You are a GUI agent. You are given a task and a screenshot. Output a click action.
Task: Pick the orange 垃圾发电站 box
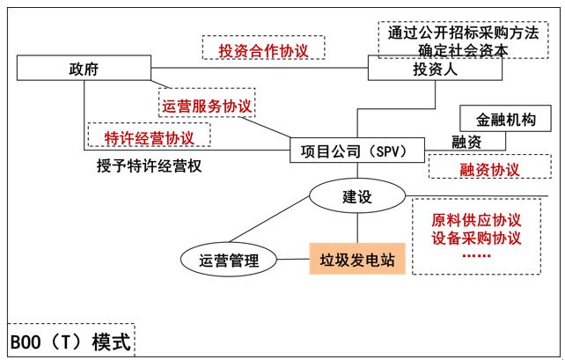(x=356, y=260)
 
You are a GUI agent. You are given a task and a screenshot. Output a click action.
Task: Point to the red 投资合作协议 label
(x=262, y=49)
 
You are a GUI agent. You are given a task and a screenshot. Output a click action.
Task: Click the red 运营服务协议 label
(x=207, y=105)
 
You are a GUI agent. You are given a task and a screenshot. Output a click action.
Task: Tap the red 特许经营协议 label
(x=149, y=137)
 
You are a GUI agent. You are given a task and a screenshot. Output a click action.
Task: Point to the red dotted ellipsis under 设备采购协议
(x=477, y=256)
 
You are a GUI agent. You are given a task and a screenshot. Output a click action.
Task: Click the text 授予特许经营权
(x=149, y=165)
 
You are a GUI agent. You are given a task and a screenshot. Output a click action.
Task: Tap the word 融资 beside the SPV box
(x=467, y=142)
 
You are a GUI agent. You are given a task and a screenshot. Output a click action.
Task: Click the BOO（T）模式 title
(x=70, y=342)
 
